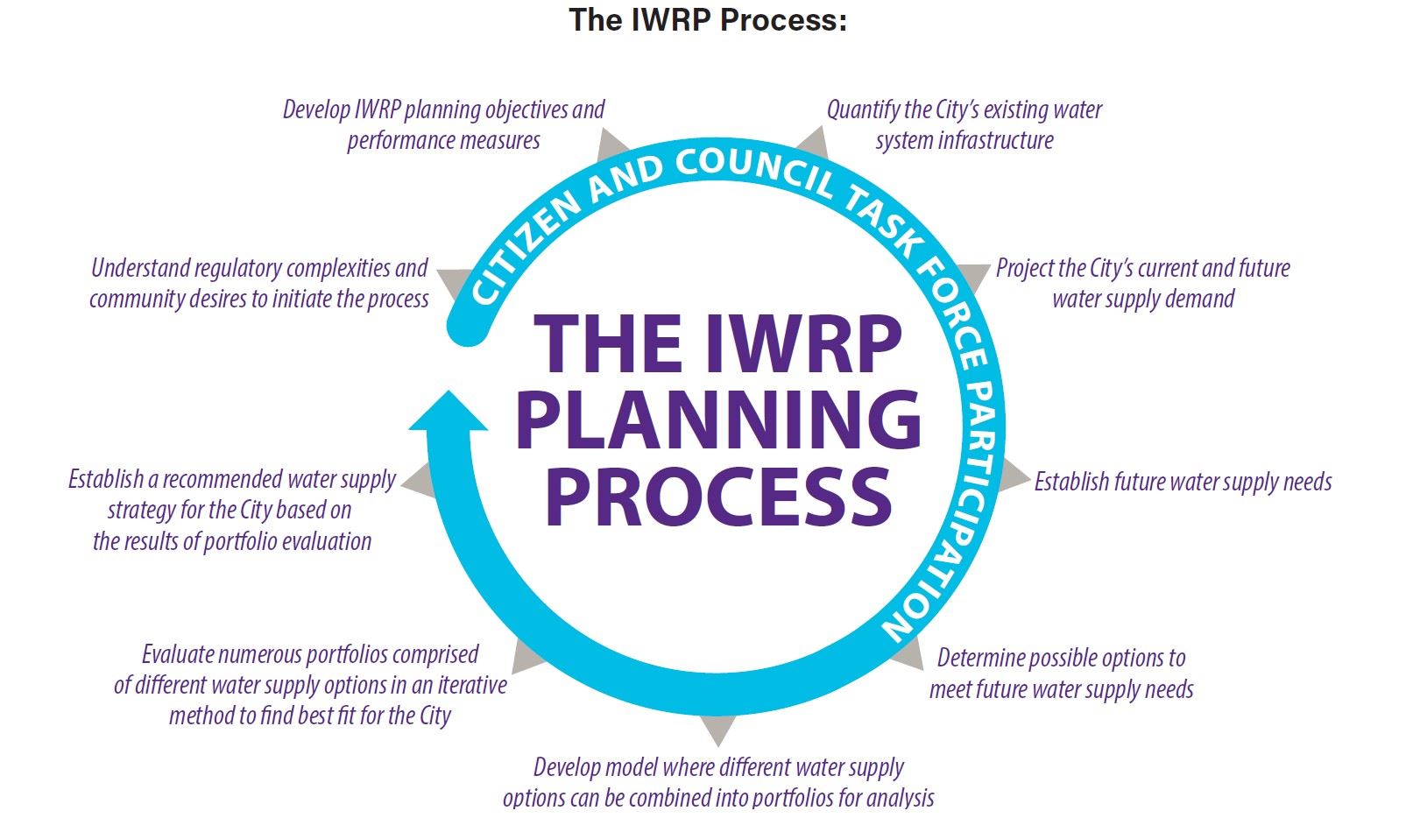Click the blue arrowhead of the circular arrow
[x=448, y=413]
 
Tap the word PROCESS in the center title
[x=718, y=496]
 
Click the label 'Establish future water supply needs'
[x=1183, y=482]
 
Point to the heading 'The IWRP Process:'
[x=708, y=19]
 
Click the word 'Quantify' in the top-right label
[x=863, y=110]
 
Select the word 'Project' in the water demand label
[x=1026, y=268]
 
